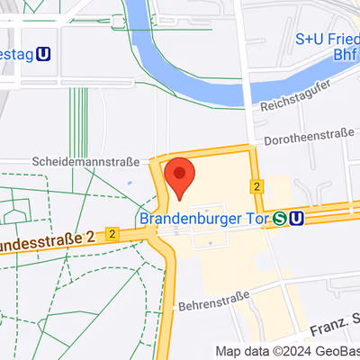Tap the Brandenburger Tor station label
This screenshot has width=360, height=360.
coord(205,218)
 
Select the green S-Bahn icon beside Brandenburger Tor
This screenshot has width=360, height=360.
coord(281,218)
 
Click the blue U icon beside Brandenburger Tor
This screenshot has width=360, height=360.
coord(297,218)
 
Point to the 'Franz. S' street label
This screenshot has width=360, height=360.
coord(332,319)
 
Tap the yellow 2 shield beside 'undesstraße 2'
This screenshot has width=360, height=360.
coord(112,233)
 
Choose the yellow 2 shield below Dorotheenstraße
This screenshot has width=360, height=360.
coord(257,186)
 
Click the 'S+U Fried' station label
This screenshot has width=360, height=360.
coord(328,40)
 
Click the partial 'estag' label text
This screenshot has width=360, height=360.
coord(17,56)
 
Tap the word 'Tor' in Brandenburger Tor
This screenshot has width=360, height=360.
coord(256,218)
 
